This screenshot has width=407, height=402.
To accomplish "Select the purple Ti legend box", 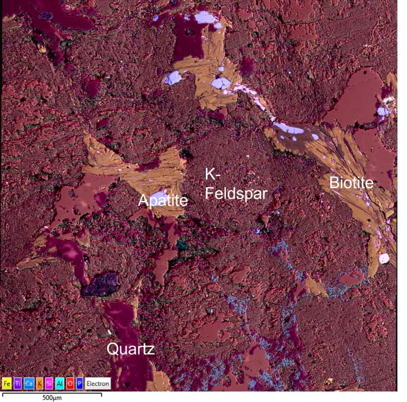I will coord(18,384).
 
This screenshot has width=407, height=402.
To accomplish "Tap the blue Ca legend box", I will coord(28,384).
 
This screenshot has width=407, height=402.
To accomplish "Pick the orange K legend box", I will coord(39,384).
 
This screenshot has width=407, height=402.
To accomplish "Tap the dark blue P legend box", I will coord(80,384).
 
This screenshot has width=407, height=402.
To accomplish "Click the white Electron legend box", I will coord(98,384).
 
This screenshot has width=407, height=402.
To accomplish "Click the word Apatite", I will coord(163,201).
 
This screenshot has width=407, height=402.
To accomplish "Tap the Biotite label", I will coord(351,183).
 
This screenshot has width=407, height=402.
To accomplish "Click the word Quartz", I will coord(131,349).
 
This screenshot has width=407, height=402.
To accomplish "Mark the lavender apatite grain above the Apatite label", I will coord(158,196).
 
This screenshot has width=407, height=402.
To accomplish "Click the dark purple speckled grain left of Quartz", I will coord(101,284).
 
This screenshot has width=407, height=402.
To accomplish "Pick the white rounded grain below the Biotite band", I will coord(384,258).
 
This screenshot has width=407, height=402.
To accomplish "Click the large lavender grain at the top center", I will coord(205,18).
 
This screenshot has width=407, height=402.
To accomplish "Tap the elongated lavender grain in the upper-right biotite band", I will coord(288,129).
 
